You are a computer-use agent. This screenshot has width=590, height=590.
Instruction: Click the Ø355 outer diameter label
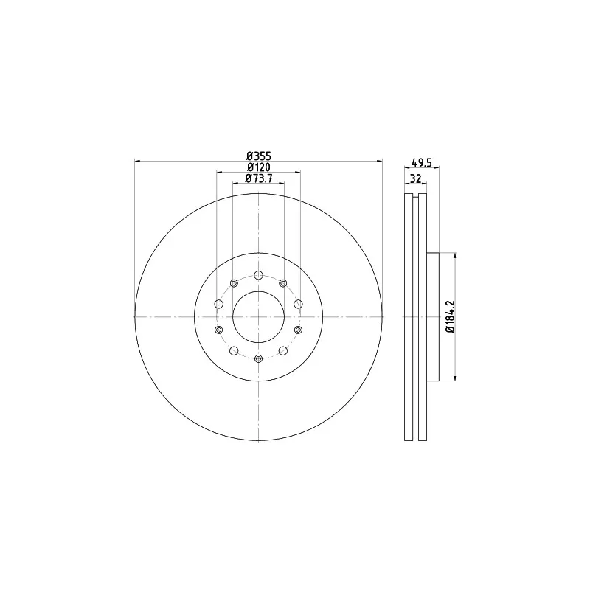click(x=259, y=156)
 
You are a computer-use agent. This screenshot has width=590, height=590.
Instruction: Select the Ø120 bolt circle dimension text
click(x=259, y=167)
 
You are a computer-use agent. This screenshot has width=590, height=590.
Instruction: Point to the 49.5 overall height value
click(x=422, y=163)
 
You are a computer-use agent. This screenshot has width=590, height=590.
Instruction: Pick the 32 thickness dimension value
click(x=415, y=178)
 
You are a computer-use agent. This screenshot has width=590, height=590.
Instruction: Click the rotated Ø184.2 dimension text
click(x=451, y=316)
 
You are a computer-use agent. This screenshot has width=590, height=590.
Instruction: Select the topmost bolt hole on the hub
click(x=259, y=275)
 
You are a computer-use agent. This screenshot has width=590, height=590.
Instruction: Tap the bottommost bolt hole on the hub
click(x=259, y=358)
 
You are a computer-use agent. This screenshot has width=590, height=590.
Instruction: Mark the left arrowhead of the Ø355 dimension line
click(x=137, y=162)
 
